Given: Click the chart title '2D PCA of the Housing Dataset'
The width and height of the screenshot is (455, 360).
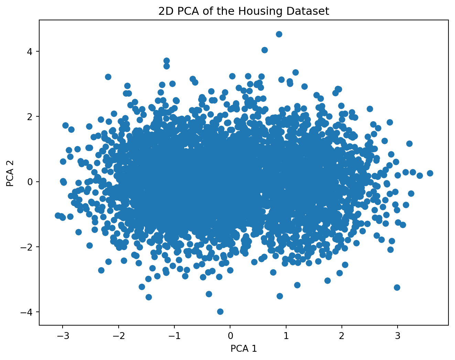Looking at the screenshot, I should point(243,11).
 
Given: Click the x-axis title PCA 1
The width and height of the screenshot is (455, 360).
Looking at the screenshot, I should point(243,349).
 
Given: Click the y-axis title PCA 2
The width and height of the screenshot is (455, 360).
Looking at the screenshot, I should point(10,172).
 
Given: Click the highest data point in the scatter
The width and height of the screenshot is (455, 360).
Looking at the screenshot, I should point(279,34).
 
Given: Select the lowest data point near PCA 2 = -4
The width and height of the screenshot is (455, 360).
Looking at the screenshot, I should point(220,311).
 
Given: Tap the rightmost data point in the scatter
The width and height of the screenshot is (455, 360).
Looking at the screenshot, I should point(430,173).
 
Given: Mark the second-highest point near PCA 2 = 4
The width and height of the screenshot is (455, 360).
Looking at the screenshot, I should point(264,50).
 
